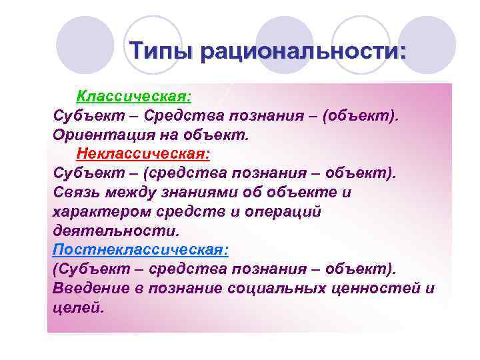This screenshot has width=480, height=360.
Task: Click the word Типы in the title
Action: coord(165,51)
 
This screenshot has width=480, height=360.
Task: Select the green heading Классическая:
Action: coord(134,97)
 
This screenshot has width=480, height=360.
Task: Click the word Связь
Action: coord(76,193)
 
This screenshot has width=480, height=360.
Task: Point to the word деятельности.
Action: coord(115,231)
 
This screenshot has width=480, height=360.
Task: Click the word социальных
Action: coord(275,289)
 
